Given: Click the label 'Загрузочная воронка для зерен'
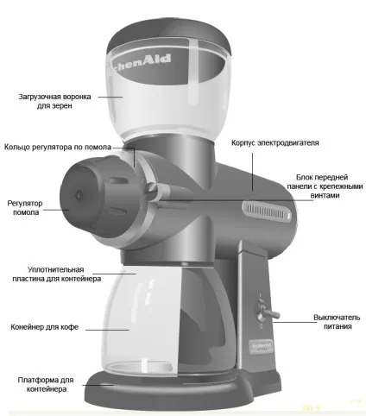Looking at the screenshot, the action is (54, 101).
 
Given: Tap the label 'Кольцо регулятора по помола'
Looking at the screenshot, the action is (58, 147).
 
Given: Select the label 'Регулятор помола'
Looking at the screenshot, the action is (25, 208).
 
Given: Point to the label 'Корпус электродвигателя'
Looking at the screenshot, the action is (275, 142).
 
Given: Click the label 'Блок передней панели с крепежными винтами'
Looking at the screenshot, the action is (325, 186).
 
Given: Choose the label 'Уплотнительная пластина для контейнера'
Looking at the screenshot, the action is (56, 274).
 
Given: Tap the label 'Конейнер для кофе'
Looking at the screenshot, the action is (44, 327).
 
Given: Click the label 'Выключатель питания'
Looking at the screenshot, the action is (337, 322).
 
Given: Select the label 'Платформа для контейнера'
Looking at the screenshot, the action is (46, 384).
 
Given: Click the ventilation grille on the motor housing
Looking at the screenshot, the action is (267, 212).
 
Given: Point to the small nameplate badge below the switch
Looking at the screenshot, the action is (262, 346).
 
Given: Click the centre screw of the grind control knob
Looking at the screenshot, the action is (79, 196).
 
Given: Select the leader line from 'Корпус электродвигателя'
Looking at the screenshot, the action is (253, 172).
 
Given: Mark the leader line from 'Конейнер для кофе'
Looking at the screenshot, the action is (107, 330).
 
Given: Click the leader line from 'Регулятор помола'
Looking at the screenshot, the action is (56, 210).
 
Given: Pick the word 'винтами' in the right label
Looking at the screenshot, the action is (325, 195).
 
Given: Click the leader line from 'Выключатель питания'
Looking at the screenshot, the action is (295, 322).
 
